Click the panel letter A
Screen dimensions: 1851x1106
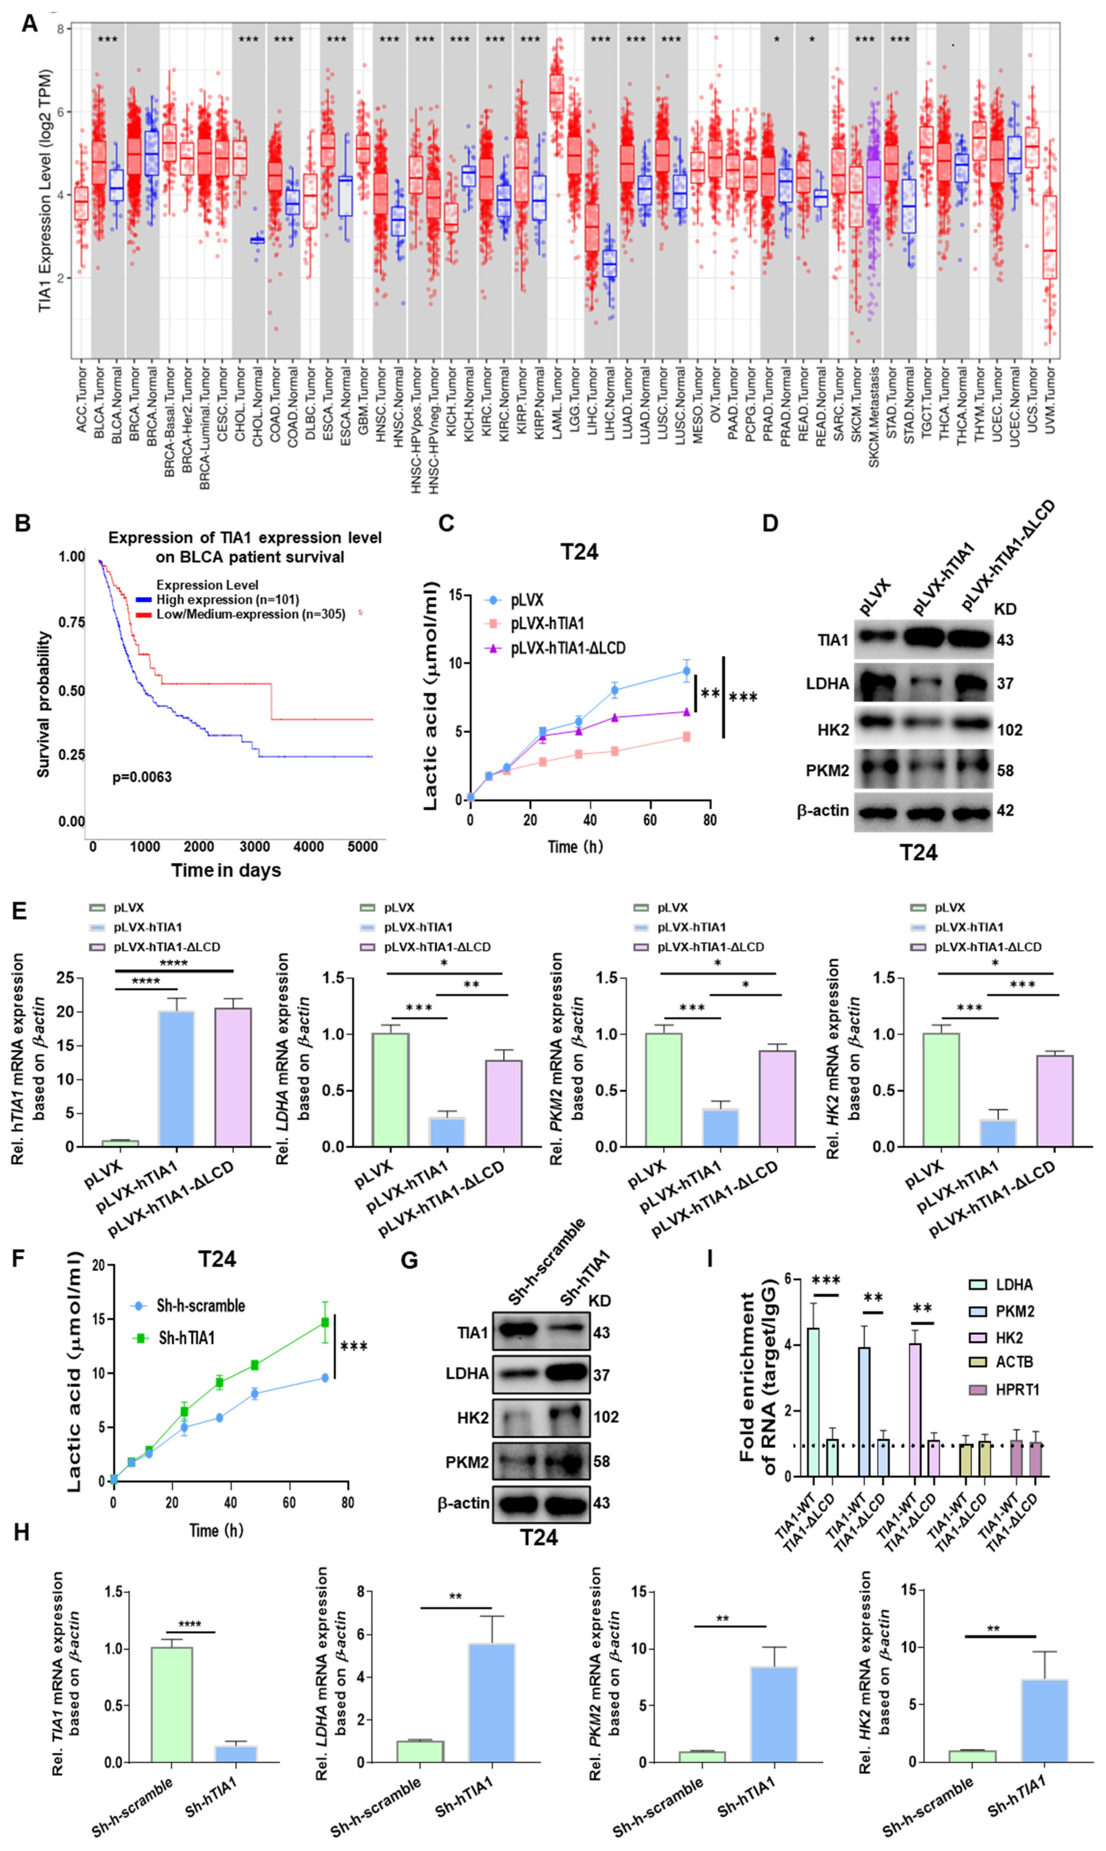[x=29, y=24]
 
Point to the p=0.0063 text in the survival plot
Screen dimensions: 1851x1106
[x=141, y=777]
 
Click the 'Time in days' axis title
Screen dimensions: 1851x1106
[x=226, y=871]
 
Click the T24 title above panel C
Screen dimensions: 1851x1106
[x=579, y=552]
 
